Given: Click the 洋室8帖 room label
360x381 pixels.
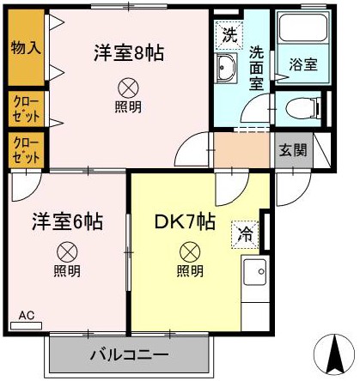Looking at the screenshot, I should [x=129, y=52].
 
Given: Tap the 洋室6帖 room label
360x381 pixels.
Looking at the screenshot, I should [x=68, y=221].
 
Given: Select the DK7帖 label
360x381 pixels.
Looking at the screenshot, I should [x=185, y=221].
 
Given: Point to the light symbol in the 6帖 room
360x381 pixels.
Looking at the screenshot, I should [x=68, y=251].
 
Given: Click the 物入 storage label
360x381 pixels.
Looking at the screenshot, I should [x=25, y=46].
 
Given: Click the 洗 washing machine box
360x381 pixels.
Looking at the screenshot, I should [x=228, y=36].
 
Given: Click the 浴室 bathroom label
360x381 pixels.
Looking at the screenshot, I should [x=302, y=63].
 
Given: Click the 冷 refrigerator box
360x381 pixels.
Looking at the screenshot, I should [x=244, y=233].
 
